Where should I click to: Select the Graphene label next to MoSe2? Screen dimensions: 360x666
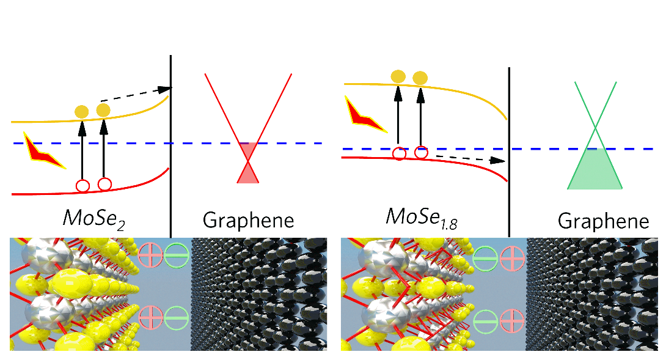[248, 219]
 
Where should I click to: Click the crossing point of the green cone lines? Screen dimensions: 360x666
[596, 127]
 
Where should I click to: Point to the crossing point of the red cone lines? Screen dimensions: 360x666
[248, 162]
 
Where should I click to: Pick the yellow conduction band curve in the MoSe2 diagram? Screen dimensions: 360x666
[49, 121]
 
